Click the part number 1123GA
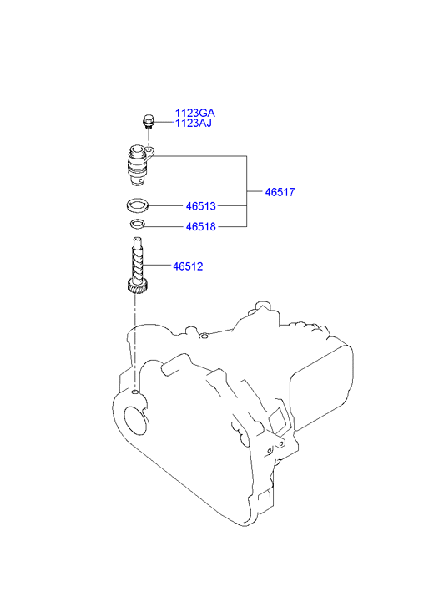pyautogui.click(x=194, y=113)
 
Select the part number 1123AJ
pyautogui.click(x=193, y=123)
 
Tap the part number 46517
pyautogui.click(x=280, y=192)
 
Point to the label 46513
pyautogui.click(x=201, y=206)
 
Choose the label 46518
pyautogui.click(x=201, y=227)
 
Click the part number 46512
pyautogui.click(x=188, y=266)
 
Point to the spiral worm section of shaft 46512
pyautogui.click(x=138, y=263)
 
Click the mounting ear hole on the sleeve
pyautogui.click(x=149, y=149)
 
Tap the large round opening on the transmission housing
pyautogui.click(x=136, y=419)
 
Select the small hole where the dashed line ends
pyautogui.click(x=134, y=392)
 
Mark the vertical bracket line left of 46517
pyautogui.click(x=246, y=191)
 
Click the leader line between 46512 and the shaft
pyautogui.click(x=159, y=266)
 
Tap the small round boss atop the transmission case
pyautogui.click(x=202, y=335)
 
